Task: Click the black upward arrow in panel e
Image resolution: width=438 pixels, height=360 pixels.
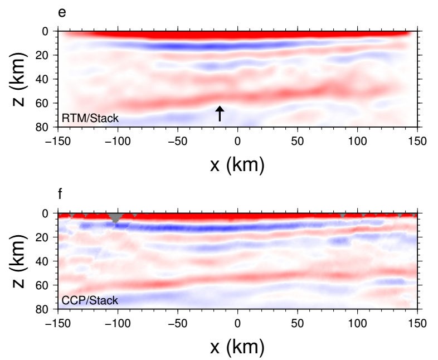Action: [220, 113]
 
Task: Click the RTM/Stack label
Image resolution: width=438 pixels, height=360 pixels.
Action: [90, 118]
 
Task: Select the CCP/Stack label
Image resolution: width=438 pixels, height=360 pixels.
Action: [90, 300]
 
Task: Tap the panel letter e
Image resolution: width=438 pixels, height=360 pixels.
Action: [61, 12]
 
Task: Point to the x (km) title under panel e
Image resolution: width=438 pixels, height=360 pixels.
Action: [237, 164]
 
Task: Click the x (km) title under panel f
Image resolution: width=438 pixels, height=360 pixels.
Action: [237, 347]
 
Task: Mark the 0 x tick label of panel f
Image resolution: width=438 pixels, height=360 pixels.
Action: [237, 322]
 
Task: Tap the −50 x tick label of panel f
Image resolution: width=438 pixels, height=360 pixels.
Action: [177, 322]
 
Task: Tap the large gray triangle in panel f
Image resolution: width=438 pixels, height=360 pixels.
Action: [115, 216]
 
